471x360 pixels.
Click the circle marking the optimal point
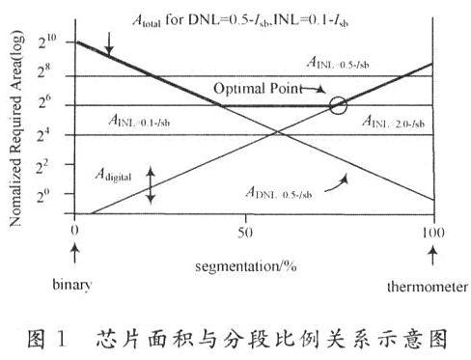(x=337, y=105)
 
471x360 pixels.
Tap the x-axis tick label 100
(x=433, y=232)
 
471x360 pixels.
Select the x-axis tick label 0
(x=74, y=232)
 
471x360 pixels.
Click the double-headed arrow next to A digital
(x=150, y=182)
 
